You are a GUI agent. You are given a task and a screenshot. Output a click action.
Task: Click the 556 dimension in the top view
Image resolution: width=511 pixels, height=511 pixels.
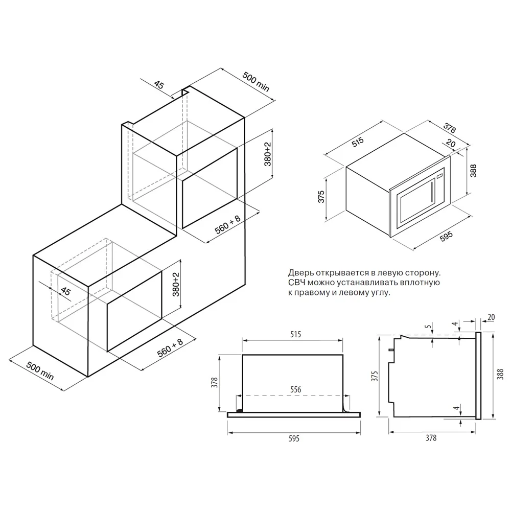295,389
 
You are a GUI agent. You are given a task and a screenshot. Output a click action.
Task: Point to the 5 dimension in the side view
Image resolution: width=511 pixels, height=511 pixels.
428,326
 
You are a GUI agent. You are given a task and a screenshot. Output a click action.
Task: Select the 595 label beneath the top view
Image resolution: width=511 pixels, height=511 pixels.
294,438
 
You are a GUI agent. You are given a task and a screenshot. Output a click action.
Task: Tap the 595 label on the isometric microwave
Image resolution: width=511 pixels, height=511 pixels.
446,236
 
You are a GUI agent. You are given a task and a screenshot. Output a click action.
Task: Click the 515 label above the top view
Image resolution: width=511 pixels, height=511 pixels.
295,334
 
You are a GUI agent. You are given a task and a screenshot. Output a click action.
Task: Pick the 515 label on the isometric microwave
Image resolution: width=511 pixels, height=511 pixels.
358,142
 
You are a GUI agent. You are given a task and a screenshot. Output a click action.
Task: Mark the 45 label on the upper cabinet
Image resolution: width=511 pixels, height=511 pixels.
159,85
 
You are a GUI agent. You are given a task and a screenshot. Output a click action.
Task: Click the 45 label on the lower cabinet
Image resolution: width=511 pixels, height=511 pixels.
65,291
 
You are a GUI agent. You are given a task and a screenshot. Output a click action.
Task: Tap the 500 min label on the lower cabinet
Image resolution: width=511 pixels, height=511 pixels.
40,370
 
